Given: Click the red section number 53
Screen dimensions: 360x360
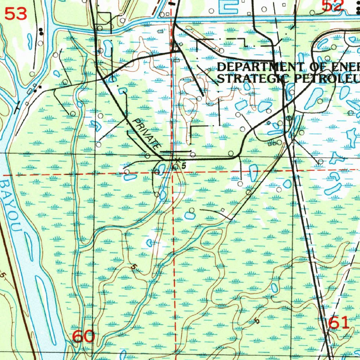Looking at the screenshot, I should (x=16, y=14).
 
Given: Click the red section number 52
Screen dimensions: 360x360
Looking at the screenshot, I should (x=332, y=5).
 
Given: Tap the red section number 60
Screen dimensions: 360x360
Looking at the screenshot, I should (x=83, y=336).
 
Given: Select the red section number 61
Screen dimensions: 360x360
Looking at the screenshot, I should (x=339, y=323).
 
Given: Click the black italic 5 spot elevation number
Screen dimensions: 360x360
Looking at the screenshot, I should (x=184, y=165).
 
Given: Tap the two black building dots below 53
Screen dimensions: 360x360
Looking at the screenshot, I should (x=41, y=32).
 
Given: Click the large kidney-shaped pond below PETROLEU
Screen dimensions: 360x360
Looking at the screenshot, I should (x=313, y=98).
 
